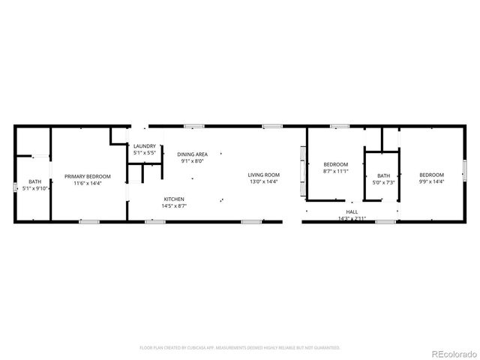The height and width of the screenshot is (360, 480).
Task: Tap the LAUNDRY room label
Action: point(145,146)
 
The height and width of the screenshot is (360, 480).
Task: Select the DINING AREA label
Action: point(193,154)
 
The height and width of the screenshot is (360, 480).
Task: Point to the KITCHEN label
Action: point(175,199)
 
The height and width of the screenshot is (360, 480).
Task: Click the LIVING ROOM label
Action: point(264,175)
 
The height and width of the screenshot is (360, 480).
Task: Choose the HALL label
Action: point(352,212)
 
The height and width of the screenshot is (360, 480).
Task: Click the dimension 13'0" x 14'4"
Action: point(264,182)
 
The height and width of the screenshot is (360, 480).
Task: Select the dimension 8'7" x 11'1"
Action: point(335,172)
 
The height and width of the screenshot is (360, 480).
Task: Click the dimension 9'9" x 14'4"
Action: point(431,182)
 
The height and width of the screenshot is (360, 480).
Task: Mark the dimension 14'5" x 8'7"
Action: point(175,205)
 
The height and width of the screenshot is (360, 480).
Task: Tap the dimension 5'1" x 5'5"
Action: point(144,153)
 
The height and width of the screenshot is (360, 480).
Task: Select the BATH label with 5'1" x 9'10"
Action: point(35,181)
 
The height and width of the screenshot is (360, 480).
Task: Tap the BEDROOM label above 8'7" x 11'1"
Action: point(335,165)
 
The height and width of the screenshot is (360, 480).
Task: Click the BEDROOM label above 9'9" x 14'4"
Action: point(431,175)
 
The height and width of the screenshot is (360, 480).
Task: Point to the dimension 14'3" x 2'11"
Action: point(352,218)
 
